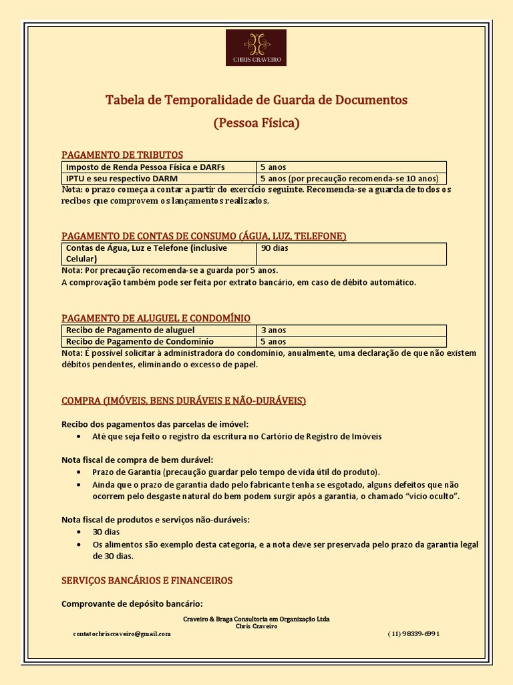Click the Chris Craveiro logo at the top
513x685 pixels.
tap(256, 47)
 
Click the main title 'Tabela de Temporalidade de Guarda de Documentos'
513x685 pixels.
tap(256, 100)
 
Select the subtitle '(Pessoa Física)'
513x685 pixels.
tap(256, 123)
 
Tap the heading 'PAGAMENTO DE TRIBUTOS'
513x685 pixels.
tap(122, 155)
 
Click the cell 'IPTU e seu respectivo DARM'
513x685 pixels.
tap(122, 179)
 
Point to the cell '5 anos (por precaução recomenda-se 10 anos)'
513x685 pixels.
tap(349, 179)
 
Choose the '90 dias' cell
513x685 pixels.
tap(275, 248)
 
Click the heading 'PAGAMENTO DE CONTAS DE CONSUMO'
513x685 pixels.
tap(204, 236)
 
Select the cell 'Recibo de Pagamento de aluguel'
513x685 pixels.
tap(130, 330)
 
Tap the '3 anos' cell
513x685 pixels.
tap(273, 330)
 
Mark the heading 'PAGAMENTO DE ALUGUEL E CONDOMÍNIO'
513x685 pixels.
tap(156, 318)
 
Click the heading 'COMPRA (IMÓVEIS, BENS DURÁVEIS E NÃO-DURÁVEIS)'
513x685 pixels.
tap(184, 401)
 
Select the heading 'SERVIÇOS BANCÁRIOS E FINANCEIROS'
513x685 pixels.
tap(147, 580)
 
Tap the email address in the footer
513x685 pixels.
tap(122, 633)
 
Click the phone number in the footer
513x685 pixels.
tap(413, 633)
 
